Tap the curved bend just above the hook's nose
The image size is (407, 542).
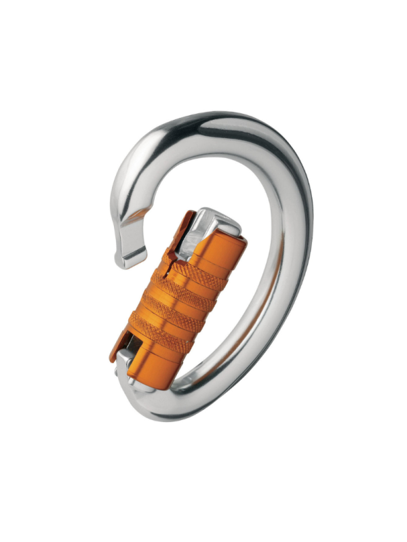[x=122, y=196]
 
